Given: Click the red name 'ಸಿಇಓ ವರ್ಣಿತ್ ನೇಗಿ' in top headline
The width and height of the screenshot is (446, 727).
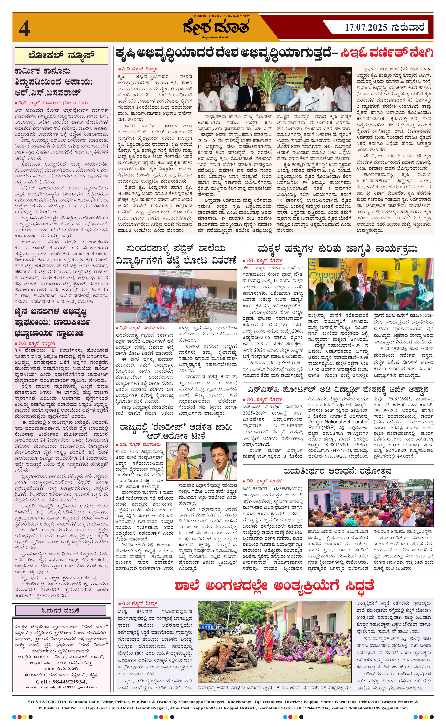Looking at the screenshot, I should click(x=387, y=53).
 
